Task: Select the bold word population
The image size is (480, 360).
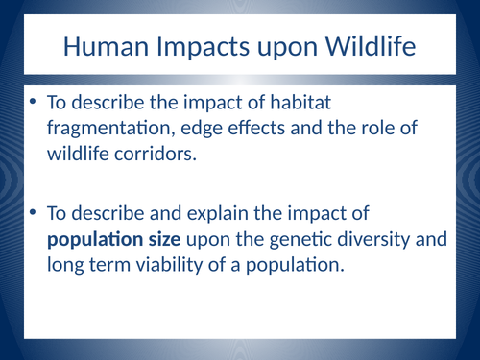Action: tap(94, 238)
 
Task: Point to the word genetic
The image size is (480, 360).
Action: tap(309, 238)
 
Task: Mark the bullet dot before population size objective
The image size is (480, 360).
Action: tap(33, 213)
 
